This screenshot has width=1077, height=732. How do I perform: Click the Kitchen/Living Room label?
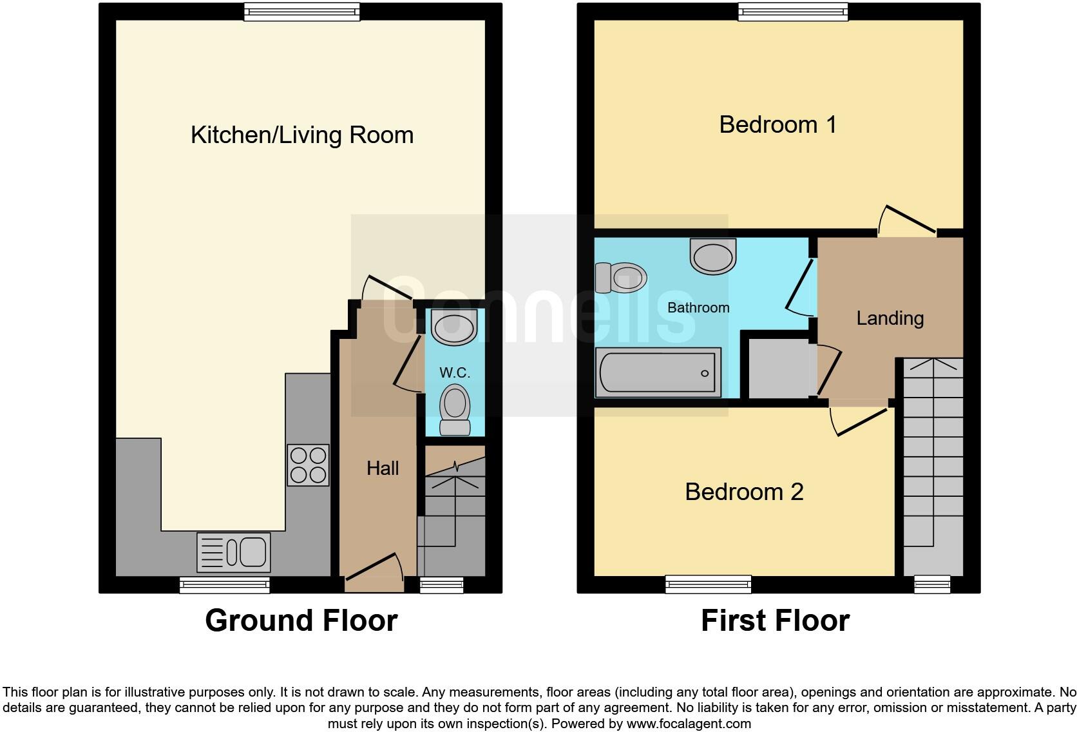[x=302, y=135]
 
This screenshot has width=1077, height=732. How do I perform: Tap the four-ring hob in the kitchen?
[x=308, y=465]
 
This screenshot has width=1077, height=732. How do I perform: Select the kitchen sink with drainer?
[x=234, y=552]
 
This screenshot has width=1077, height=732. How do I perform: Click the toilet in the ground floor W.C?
[x=455, y=409]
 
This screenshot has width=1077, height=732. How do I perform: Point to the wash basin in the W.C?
[x=454, y=327]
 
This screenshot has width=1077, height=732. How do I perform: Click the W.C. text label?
[x=455, y=372]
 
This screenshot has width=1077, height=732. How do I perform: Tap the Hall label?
[x=383, y=468]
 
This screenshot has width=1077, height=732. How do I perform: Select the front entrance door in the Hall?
[x=374, y=567]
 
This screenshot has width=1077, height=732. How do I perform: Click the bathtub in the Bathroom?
[x=658, y=372]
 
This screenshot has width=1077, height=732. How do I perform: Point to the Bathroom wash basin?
[x=712, y=255]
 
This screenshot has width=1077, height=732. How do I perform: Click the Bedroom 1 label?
[x=777, y=124]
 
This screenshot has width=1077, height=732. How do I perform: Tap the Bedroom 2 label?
[x=744, y=492]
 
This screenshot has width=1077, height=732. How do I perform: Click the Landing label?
[x=890, y=318]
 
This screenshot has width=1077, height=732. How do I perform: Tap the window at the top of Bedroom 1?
[x=792, y=11]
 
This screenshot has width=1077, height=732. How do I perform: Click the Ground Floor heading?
[x=301, y=621]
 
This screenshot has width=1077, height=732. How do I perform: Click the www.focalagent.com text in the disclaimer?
[x=689, y=724]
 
